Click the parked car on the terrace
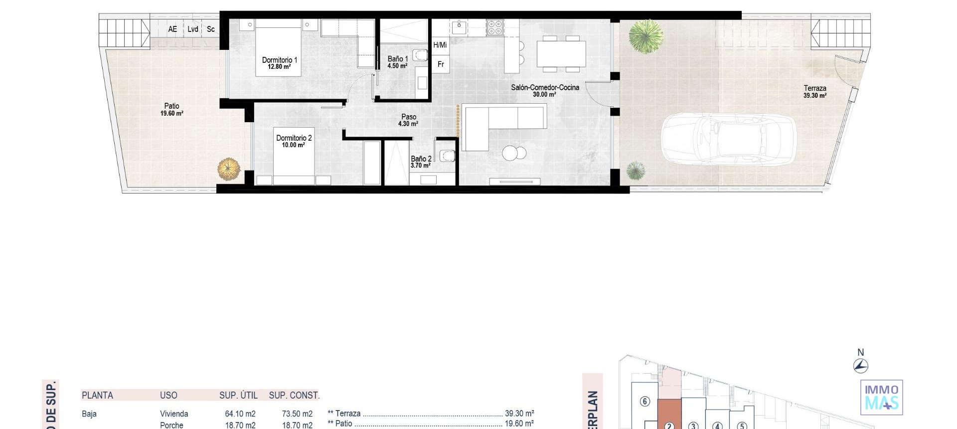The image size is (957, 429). click(728, 139)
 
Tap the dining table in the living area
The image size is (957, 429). click(561, 53)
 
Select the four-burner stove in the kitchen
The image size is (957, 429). click(495, 27)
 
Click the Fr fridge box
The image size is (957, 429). click(441, 64)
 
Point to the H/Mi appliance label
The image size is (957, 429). click(440, 45)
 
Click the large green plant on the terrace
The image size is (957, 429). click(645, 36)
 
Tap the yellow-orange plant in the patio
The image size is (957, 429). click(229, 169)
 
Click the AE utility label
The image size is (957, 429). click(172, 29)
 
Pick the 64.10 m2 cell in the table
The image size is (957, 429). click(240, 414)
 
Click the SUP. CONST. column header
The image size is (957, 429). click(294, 395)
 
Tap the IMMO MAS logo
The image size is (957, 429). click(881, 397)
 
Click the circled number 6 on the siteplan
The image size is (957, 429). click(644, 401)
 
